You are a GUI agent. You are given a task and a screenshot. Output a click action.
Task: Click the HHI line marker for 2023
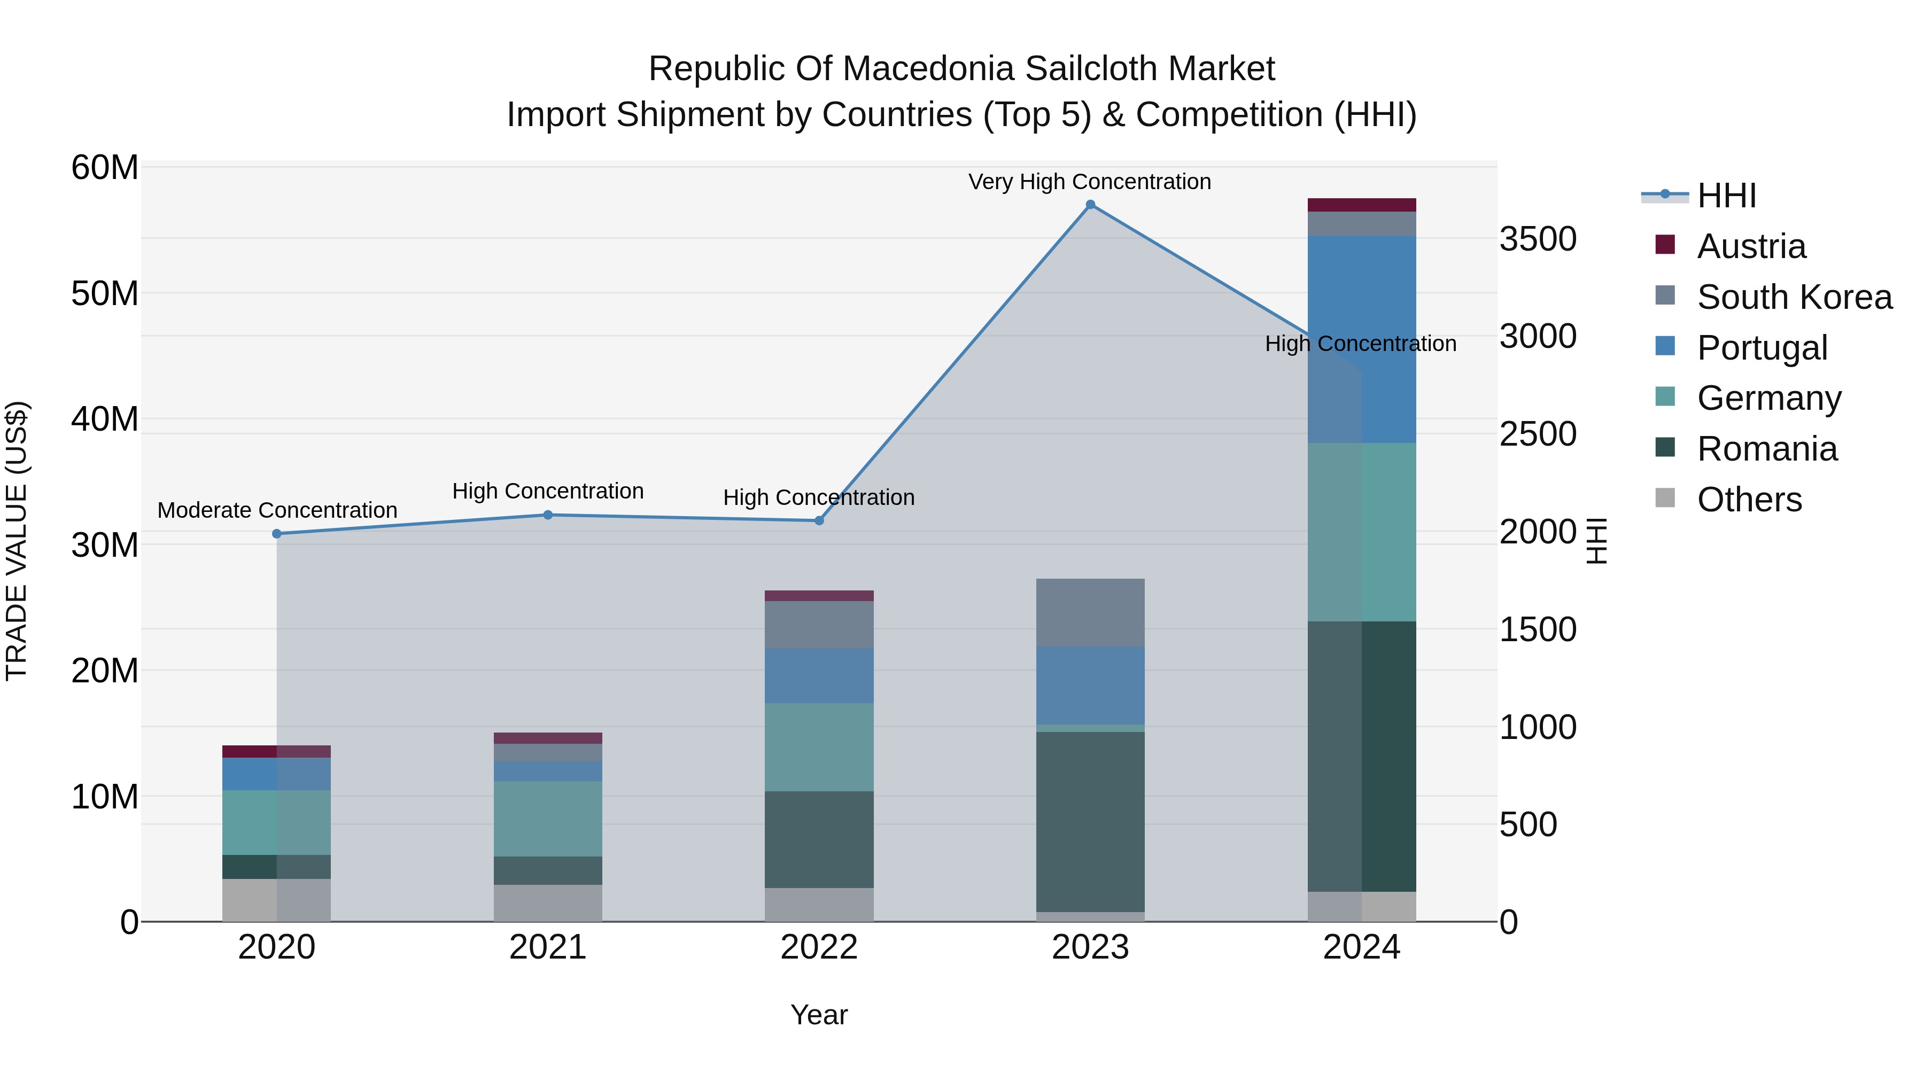(x=1090, y=205)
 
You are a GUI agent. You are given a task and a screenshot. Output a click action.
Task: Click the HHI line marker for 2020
(x=276, y=534)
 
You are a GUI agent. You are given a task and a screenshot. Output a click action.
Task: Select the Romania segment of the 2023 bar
(x=1090, y=821)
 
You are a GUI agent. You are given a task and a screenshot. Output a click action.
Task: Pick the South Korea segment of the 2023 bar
(x=1090, y=612)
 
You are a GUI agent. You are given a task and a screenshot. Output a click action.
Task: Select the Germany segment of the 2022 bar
(x=819, y=747)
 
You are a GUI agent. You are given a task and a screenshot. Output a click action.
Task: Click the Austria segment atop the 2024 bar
(x=1362, y=205)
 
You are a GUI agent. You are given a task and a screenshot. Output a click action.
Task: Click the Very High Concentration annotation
(x=1089, y=182)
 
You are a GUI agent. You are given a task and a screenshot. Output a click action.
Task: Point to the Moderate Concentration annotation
(x=277, y=510)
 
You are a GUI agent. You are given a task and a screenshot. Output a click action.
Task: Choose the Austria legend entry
(x=1751, y=246)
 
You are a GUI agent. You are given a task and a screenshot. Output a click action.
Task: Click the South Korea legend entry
(x=1794, y=297)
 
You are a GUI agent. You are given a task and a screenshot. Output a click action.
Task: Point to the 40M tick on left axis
(x=105, y=419)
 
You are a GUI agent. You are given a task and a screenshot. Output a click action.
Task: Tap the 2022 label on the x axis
(x=819, y=947)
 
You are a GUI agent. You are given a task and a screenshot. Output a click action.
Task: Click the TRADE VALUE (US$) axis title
(x=17, y=541)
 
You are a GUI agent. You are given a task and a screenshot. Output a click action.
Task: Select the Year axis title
(x=819, y=1015)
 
